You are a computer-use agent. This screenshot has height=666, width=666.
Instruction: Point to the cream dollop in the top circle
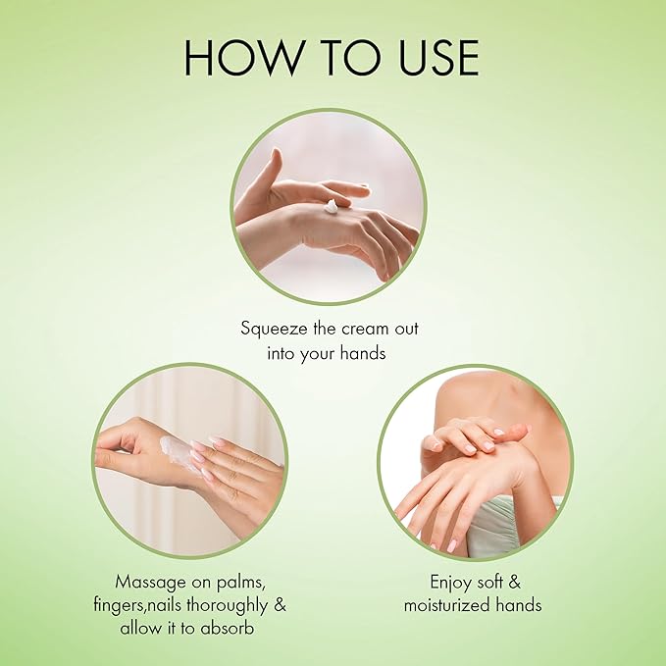click(x=332, y=206)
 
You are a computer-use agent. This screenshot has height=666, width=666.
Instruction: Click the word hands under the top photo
click(x=360, y=352)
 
